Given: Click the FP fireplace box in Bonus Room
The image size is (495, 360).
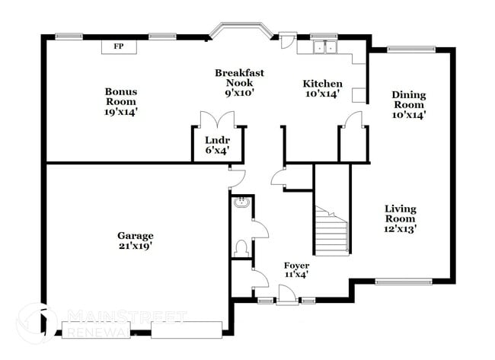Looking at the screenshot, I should [x=118, y=46].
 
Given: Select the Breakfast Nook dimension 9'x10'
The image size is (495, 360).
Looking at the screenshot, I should [x=239, y=92].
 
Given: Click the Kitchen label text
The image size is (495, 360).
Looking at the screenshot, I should [x=322, y=84].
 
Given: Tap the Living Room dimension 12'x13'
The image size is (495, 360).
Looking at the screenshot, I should [x=400, y=228].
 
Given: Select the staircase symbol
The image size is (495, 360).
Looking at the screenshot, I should [x=333, y=228].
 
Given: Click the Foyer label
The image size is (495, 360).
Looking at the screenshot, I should [x=296, y=265].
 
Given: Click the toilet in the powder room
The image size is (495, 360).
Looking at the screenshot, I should [x=241, y=248].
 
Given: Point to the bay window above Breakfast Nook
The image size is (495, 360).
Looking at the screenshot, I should [x=239, y=32].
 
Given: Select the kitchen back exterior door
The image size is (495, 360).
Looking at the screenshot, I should [x=287, y=40].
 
